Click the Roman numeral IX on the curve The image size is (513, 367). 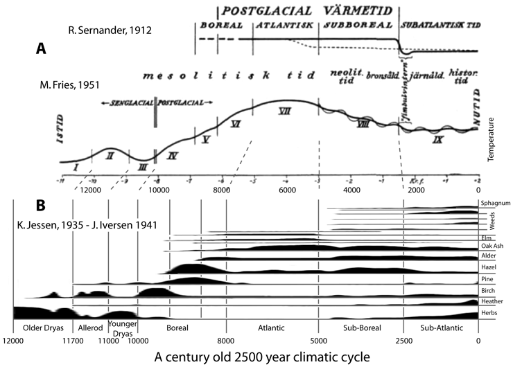[437, 139]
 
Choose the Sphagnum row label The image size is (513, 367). [495, 203]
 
